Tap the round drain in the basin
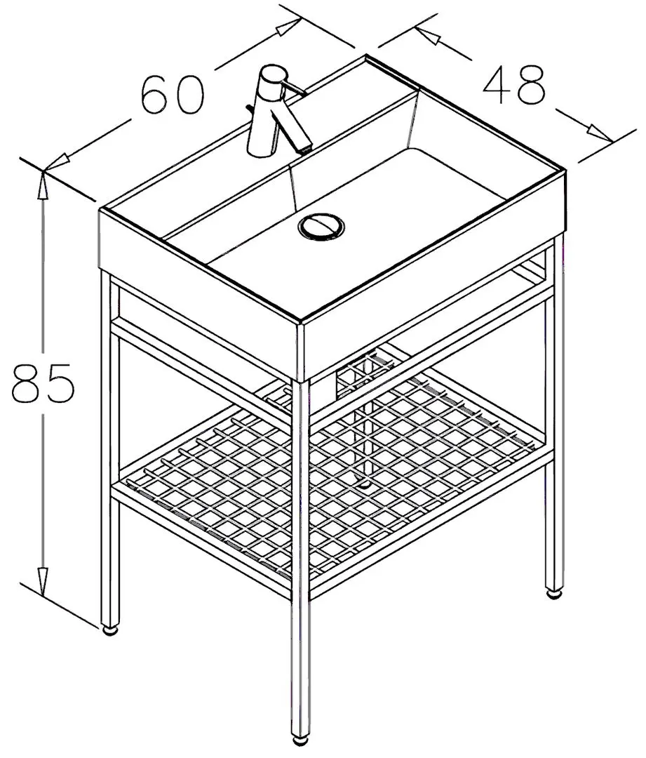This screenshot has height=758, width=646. pyautogui.click(x=321, y=226)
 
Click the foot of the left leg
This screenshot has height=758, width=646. pyautogui.click(x=110, y=630)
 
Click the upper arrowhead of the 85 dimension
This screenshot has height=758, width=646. pyautogui.click(x=43, y=185)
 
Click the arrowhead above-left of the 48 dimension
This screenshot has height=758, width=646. pyautogui.click(x=428, y=34)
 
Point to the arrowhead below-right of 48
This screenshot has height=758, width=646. pyautogui.click(x=600, y=133)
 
